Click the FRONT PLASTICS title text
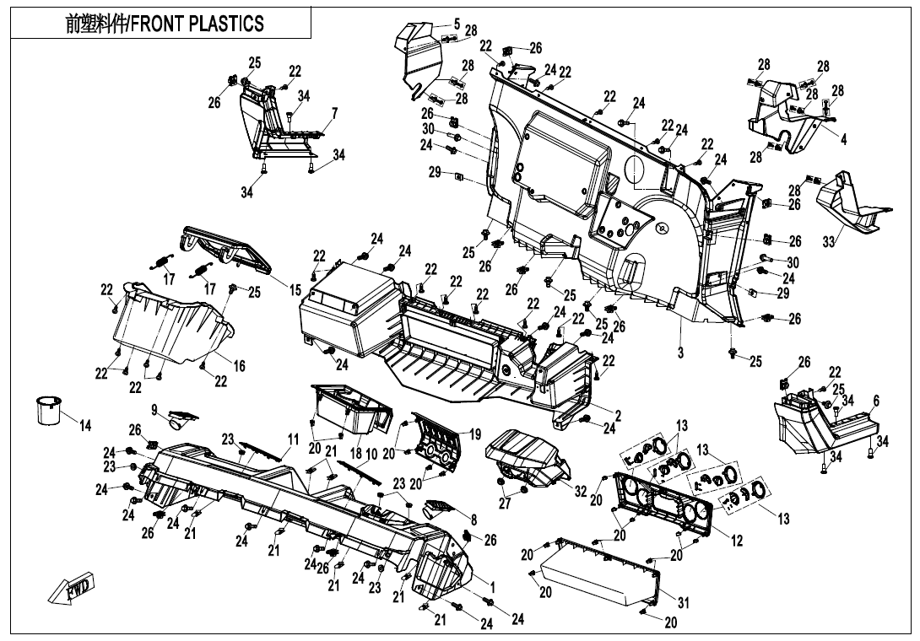point(165,24)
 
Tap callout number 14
point(85,424)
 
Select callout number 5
point(457,24)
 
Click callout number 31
point(334,113)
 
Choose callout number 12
point(737,541)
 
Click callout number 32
point(580,489)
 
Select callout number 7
point(334,113)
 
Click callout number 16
point(240,366)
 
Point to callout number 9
point(155,409)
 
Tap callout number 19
point(475,434)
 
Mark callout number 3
point(680,353)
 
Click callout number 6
point(876,401)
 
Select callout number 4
point(843,139)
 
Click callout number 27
point(505,504)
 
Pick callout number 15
point(295,290)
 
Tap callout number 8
point(474,520)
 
